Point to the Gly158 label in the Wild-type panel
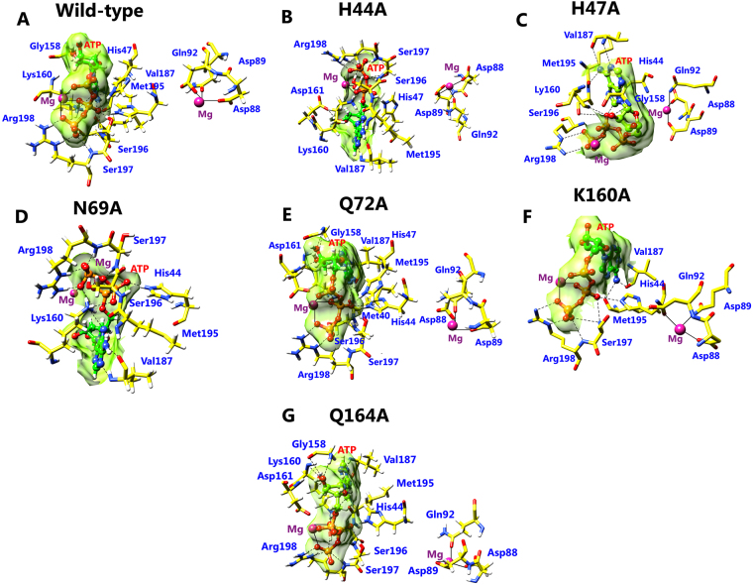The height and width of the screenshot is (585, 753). [x=45, y=46]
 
